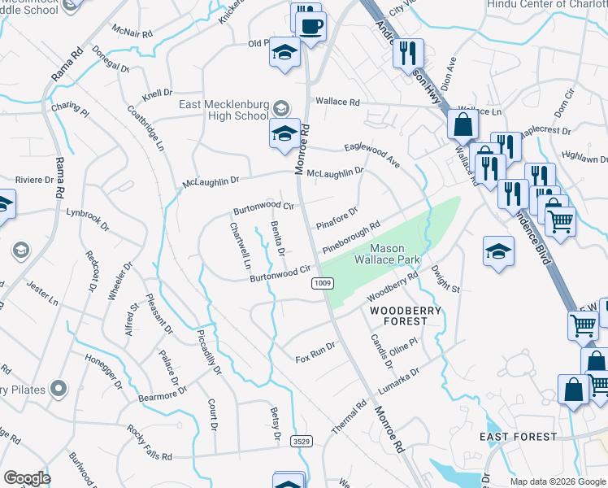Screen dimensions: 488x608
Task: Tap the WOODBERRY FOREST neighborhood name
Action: pos(406,316)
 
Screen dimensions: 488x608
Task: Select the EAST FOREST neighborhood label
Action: pos(518,437)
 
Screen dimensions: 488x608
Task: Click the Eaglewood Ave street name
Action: pos(372,152)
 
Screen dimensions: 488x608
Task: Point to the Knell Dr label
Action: pos(158,94)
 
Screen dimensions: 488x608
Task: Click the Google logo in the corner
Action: pos(28,477)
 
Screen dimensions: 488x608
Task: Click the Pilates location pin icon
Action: pos(58,389)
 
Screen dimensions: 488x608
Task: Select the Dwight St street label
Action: pos(446,278)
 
